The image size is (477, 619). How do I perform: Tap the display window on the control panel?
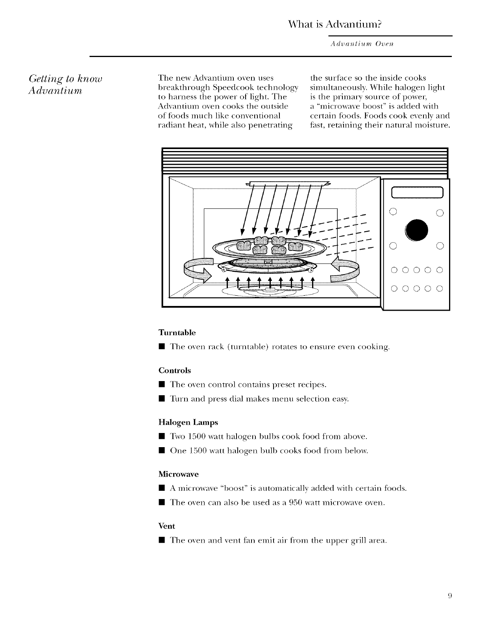[x=417, y=192]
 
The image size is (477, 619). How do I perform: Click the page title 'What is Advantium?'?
[x=335, y=24]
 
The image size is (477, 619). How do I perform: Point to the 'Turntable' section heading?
[x=177, y=333]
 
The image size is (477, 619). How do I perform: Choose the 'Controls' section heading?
[x=174, y=370]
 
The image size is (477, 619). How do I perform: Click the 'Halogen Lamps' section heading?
[x=188, y=422]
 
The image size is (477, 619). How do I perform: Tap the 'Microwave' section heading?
[x=178, y=474]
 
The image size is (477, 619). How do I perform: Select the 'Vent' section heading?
[x=166, y=526]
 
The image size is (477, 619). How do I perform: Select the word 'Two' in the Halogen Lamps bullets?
[x=176, y=436]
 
